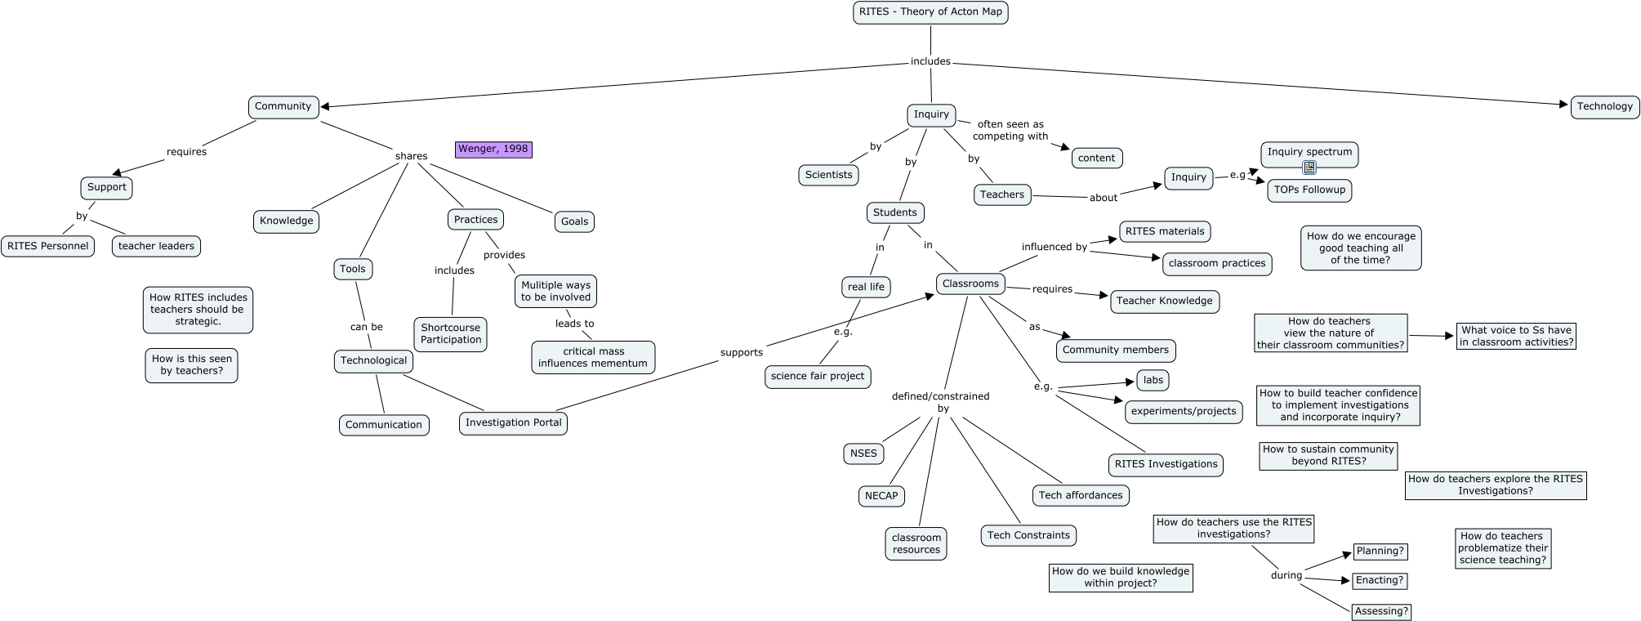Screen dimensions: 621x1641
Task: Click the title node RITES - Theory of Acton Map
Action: tap(930, 12)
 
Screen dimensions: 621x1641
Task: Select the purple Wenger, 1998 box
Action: tap(493, 149)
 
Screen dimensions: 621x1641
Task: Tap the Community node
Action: tap(283, 106)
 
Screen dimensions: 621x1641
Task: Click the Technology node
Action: tap(1604, 106)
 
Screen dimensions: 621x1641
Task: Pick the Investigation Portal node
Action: tap(513, 422)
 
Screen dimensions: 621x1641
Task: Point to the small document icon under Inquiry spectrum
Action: tap(1309, 168)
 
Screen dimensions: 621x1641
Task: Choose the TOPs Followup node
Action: tap(1309, 190)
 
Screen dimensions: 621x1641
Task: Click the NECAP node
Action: tap(881, 495)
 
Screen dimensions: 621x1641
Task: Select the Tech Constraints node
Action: tap(1028, 535)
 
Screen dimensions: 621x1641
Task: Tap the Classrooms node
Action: tap(970, 284)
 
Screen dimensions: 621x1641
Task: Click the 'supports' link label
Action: tap(742, 352)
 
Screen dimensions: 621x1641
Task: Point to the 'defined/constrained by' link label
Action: tap(941, 402)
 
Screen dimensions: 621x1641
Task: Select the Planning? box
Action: tap(1380, 551)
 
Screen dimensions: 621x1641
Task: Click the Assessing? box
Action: tap(1381, 611)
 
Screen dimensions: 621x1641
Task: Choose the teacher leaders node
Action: tap(156, 246)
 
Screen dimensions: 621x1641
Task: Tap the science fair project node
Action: tap(818, 376)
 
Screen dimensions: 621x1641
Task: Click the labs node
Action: tap(1153, 380)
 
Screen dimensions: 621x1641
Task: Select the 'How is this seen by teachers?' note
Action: tap(192, 364)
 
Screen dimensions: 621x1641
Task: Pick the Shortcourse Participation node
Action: tap(451, 333)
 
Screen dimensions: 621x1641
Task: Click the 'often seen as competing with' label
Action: tap(1010, 130)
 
